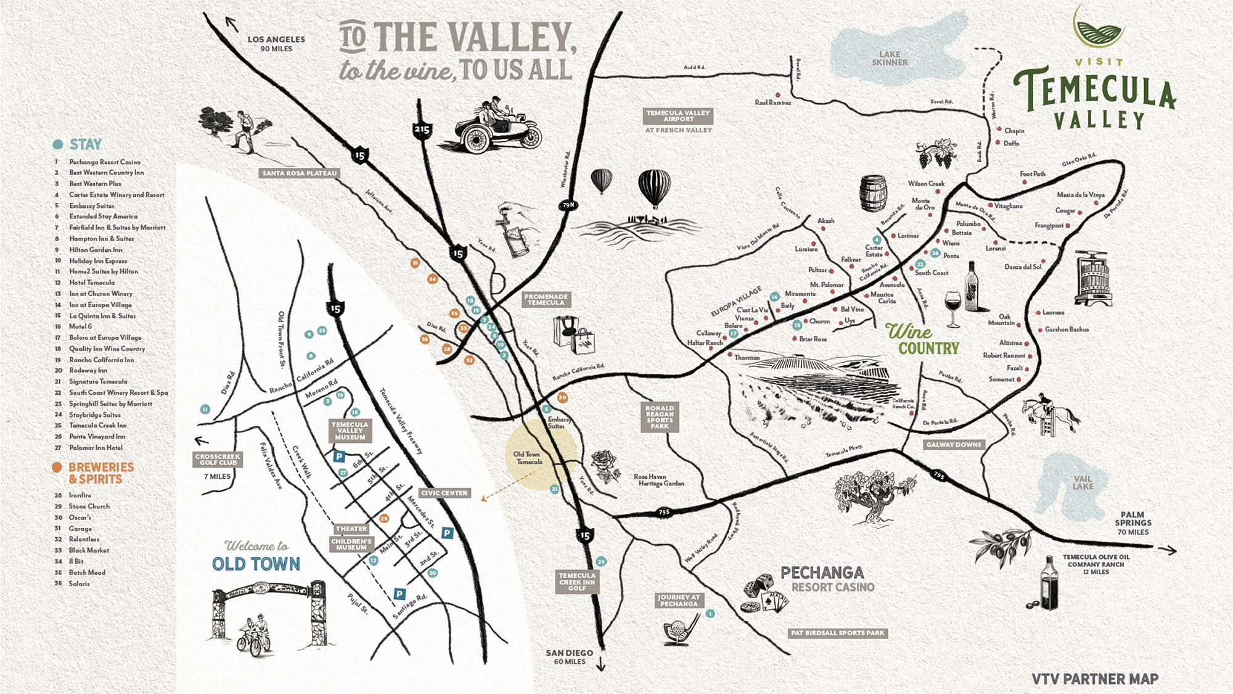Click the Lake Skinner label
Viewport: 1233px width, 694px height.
tap(890, 58)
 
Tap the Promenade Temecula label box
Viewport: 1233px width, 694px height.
tap(546, 300)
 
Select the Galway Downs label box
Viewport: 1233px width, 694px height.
tap(954, 444)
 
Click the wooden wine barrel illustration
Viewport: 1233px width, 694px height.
tap(873, 193)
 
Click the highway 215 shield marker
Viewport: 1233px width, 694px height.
tap(422, 130)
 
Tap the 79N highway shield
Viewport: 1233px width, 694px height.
tap(568, 205)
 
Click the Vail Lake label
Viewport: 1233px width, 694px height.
tap(1083, 482)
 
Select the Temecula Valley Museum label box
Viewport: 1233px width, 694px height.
tap(350, 431)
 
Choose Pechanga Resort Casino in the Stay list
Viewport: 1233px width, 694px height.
tap(104, 162)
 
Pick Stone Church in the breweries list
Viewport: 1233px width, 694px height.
tap(89, 506)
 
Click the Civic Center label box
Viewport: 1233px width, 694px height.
tap(444, 493)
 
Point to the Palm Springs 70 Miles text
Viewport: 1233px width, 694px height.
tap(1133, 523)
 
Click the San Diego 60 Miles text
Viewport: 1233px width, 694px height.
tap(569, 656)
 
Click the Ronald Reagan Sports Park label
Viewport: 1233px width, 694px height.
tap(660, 417)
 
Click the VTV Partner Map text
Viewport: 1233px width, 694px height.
tap(1095, 679)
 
